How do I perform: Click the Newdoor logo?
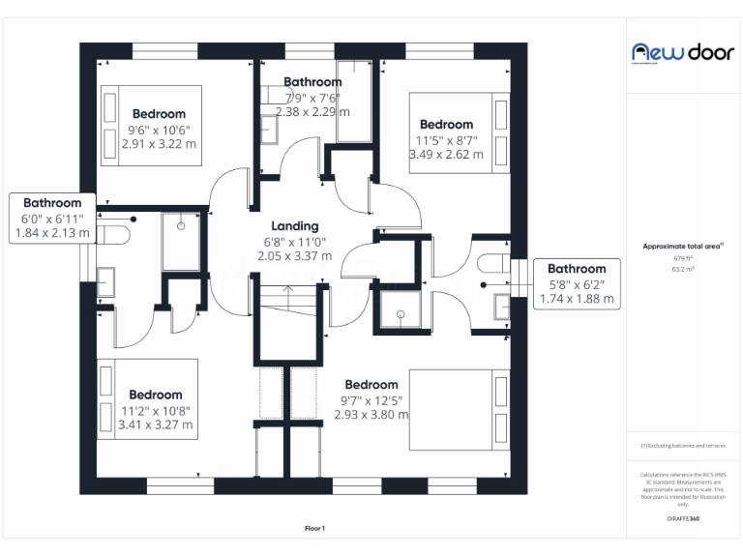(x=682, y=52)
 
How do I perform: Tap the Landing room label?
(x=294, y=226)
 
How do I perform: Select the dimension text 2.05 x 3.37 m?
(x=294, y=256)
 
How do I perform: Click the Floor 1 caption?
(x=314, y=528)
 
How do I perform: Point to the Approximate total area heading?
(x=682, y=247)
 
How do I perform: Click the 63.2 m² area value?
(x=683, y=270)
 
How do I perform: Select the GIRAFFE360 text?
(x=683, y=519)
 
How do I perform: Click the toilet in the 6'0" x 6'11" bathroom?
(x=117, y=235)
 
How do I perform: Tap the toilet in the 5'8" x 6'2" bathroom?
(x=494, y=263)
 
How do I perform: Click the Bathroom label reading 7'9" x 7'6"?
(x=312, y=82)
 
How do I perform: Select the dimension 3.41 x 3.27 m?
(x=155, y=425)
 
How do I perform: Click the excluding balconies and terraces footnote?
(x=683, y=446)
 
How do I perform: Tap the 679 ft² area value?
(x=683, y=259)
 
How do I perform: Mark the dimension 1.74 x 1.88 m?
(x=577, y=299)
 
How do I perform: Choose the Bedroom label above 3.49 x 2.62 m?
(x=446, y=124)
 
